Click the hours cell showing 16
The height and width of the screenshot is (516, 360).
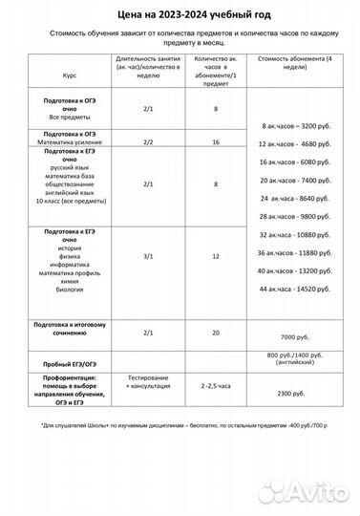[x=217, y=141]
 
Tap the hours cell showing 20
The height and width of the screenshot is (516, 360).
[x=217, y=332]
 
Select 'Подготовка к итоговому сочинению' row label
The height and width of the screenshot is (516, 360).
[x=69, y=330]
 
